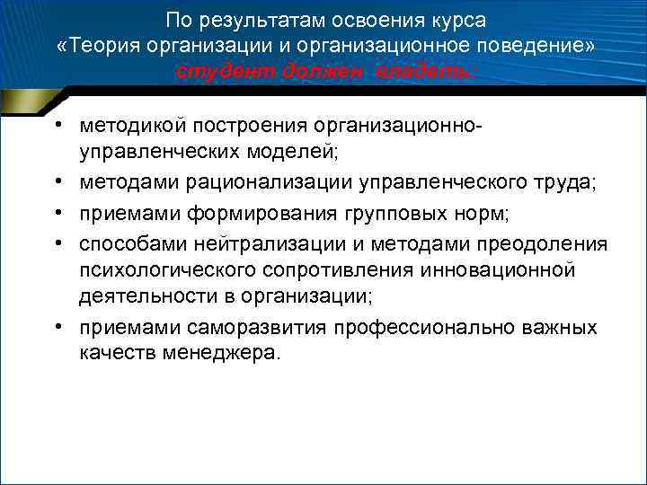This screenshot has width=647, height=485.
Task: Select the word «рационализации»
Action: (x=258, y=183)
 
